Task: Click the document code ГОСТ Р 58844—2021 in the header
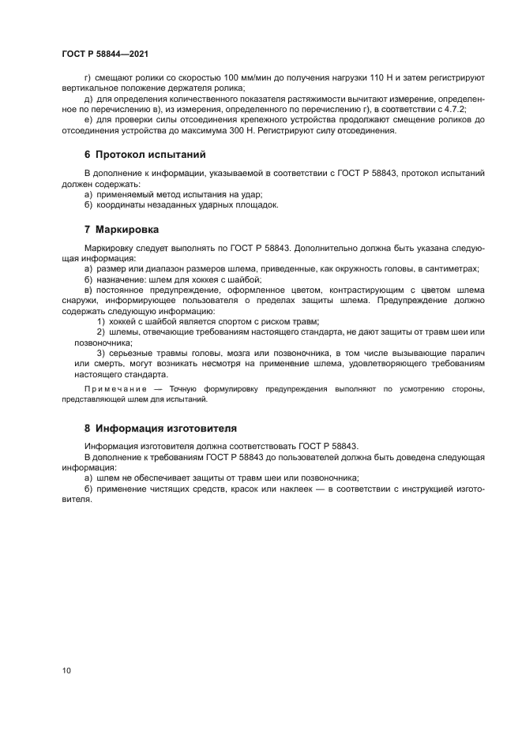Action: pos(105,54)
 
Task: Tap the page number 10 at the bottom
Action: pos(66,670)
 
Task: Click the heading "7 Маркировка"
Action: pos(121,230)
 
